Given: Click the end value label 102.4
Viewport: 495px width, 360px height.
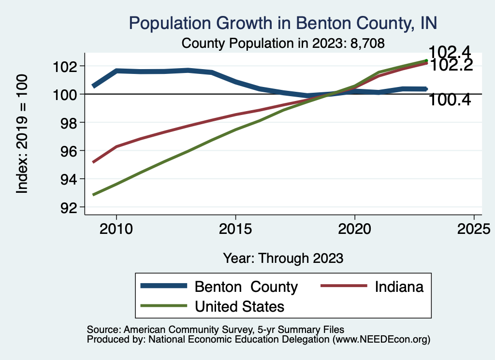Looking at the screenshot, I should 450,52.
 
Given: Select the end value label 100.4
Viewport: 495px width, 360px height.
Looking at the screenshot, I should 450,100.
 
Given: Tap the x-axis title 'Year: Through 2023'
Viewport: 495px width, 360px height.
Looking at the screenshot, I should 283,258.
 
